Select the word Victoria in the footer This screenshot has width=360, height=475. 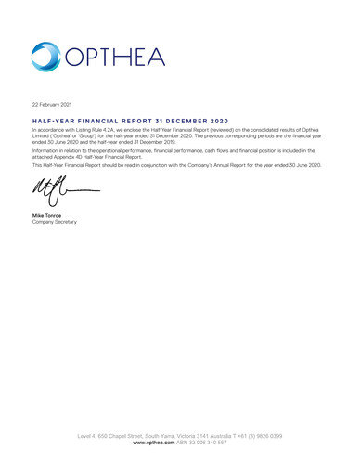tap(204, 437)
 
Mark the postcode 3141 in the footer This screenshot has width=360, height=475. tap(226, 437)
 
